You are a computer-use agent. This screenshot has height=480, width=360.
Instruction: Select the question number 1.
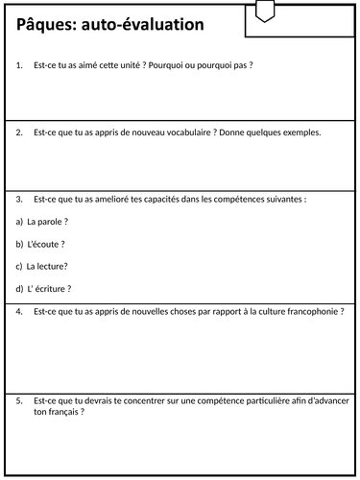[x=20, y=65]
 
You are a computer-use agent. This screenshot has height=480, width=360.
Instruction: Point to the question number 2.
[x=20, y=132]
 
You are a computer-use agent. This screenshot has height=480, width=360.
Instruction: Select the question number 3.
[x=20, y=200]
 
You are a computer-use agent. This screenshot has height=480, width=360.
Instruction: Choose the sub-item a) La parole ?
[x=42, y=222]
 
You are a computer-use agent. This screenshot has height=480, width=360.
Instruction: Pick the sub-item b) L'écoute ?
[x=43, y=244]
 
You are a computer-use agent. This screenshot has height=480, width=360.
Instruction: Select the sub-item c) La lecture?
[x=42, y=266]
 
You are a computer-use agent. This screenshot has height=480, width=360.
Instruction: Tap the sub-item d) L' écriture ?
[x=44, y=288]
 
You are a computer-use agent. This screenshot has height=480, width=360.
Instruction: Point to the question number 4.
[x=20, y=311]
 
